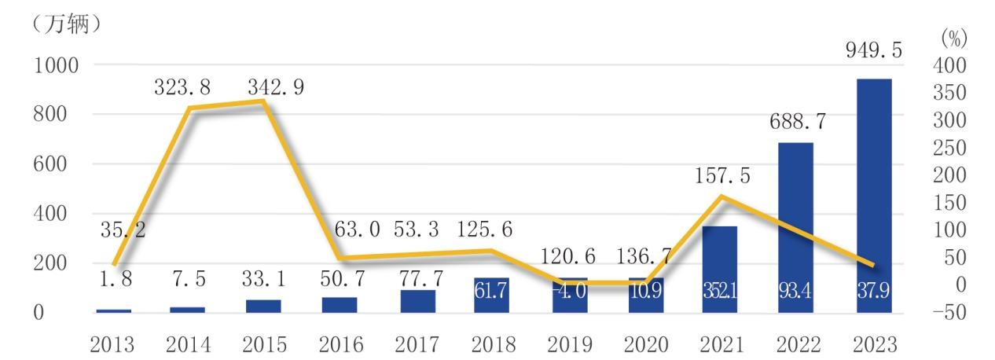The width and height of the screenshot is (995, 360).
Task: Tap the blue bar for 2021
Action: point(719,269)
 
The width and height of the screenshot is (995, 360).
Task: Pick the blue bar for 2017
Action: point(417,301)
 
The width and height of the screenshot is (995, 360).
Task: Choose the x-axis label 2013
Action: point(113,344)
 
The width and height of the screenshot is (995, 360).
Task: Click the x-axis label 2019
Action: point(570,344)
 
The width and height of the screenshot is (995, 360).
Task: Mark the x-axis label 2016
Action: point(340,344)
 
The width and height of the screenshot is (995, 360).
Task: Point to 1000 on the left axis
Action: point(55,64)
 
